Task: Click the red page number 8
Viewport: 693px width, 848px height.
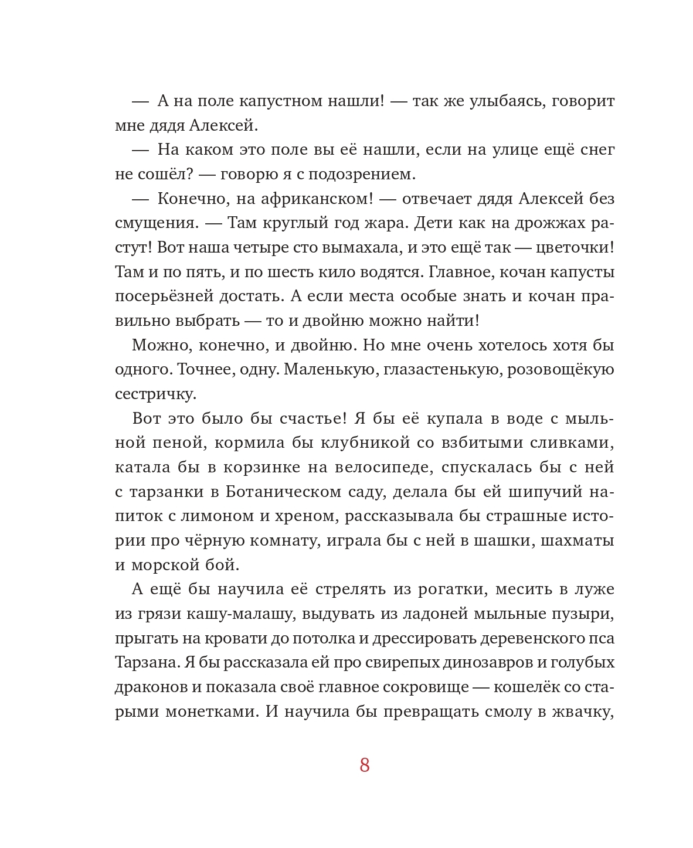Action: pos(365,765)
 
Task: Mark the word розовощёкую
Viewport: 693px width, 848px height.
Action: pos(560,370)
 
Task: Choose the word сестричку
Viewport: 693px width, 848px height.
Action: pos(155,394)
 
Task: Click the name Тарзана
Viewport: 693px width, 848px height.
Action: pos(147,662)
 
